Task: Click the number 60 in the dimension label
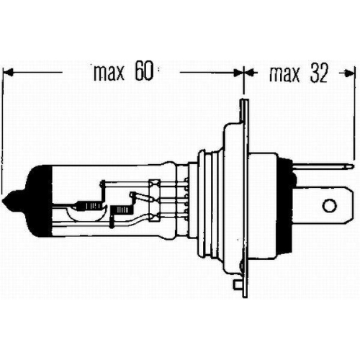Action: (143, 73)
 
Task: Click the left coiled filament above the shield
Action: (89, 203)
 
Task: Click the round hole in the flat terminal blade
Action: (328, 207)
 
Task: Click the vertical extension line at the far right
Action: (356, 115)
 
